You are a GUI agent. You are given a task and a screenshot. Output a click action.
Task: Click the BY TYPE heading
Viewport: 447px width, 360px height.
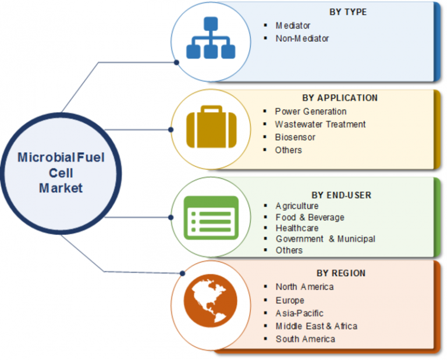[x=349, y=12]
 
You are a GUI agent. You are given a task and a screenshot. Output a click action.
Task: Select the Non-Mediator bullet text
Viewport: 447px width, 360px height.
[x=303, y=38]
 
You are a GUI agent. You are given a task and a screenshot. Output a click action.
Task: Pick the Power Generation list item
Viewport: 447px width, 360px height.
[x=311, y=111]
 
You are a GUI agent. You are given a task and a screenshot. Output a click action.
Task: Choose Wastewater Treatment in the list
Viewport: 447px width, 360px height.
[x=321, y=124]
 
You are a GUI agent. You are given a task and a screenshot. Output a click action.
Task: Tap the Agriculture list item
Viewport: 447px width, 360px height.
[x=297, y=206]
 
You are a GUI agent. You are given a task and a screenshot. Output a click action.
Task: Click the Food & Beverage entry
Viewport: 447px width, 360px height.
[x=310, y=217]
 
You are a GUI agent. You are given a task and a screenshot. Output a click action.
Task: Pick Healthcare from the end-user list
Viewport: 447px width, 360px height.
[x=297, y=228]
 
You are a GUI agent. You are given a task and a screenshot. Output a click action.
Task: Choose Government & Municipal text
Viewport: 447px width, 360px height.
[x=325, y=238]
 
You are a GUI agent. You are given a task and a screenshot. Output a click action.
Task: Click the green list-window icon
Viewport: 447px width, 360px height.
[x=211, y=217]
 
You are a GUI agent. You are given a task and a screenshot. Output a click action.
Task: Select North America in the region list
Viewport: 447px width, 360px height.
[x=305, y=287]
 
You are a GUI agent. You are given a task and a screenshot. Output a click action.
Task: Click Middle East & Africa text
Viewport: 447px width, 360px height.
[x=317, y=326]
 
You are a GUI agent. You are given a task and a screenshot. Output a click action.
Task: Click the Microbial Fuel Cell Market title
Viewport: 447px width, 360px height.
[x=61, y=173]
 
